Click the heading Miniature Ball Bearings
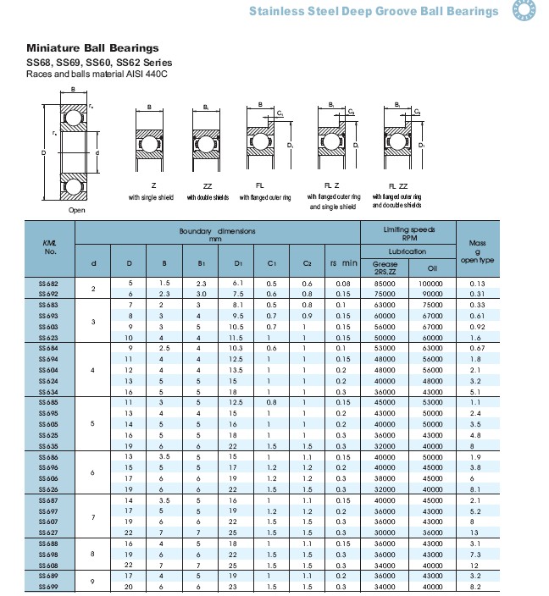click(92, 48)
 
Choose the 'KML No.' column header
click(50, 247)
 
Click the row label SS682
click(49, 283)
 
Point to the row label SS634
click(49, 392)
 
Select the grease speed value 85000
click(385, 283)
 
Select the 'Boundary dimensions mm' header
click(218, 235)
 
